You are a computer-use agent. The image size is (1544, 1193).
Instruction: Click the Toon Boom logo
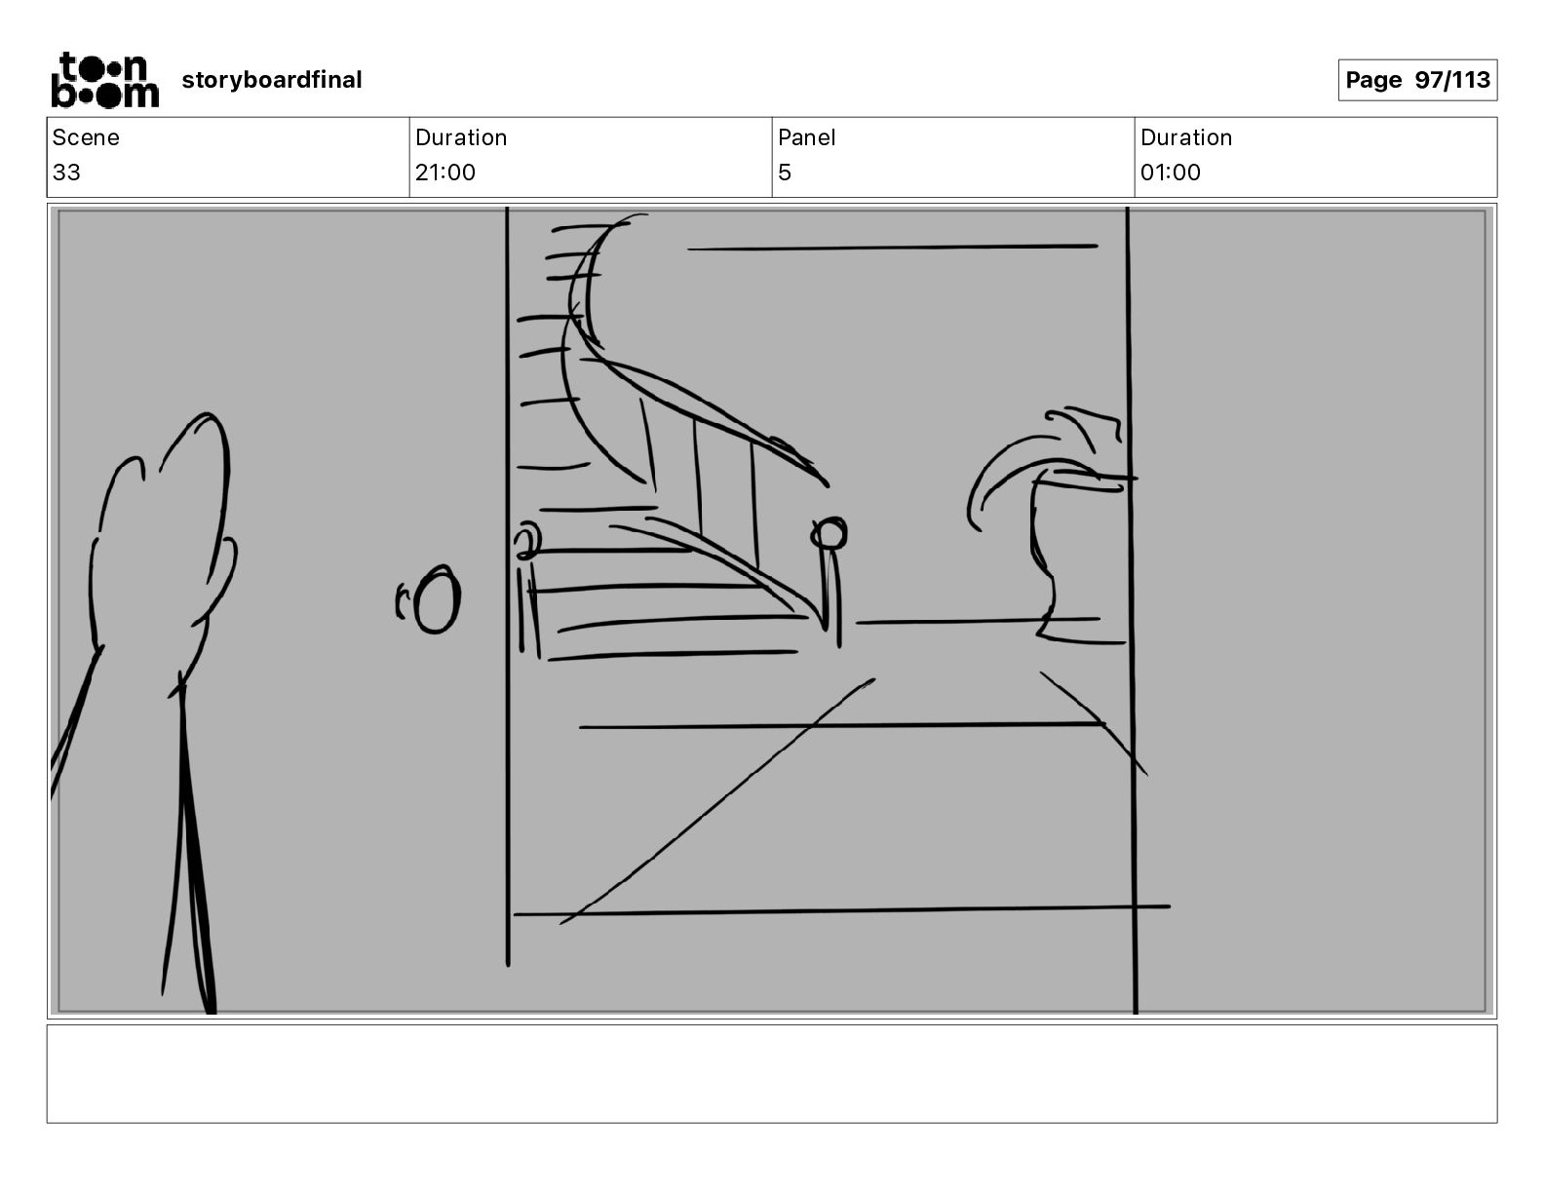pos(105,80)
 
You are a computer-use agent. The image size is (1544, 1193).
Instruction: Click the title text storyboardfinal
pos(271,80)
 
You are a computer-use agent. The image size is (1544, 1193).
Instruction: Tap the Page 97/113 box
pos(1417,80)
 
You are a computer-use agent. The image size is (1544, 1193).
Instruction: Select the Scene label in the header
pos(85,137)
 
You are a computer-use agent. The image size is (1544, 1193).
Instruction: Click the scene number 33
pos(66,172)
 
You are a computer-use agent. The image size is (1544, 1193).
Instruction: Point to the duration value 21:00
pos(444,172)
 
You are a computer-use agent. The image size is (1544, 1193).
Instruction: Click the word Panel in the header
pos(806,137)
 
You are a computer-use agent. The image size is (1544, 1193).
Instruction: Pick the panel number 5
pos(785,172)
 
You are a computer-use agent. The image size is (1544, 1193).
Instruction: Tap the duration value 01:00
pos(1171,172)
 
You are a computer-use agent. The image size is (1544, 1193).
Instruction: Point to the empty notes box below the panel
pos(772,1074)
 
